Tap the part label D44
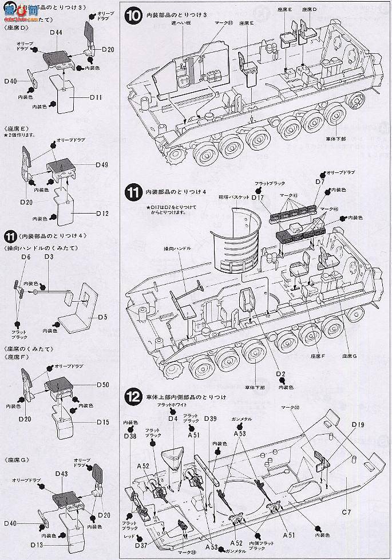pos(56,33)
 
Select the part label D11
pos(96,98)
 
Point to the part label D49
pos(102,165)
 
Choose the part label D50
pos(102,384)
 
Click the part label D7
pos(320,182)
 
